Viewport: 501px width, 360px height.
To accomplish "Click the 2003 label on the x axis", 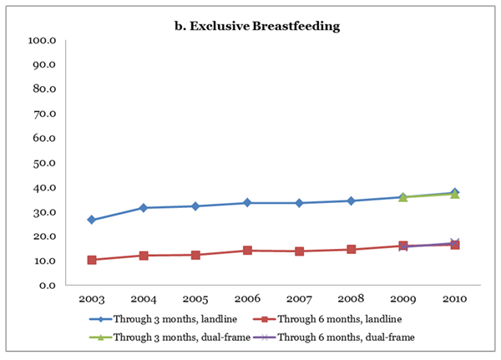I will click(x=92, y=299).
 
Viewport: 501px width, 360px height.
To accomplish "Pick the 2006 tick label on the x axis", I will click(x=246, y=299).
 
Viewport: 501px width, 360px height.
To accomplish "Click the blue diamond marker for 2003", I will click(x=92, y=220).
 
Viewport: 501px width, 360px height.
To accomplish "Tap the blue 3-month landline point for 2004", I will click(x=144, y=208).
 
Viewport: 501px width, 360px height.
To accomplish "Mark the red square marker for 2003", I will click(x=92, y=260).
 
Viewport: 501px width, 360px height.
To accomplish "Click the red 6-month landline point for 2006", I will click(x=246, y=251).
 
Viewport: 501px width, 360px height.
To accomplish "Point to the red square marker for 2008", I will click(x=350, y=250).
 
